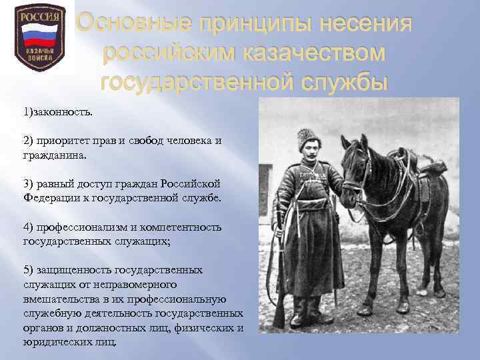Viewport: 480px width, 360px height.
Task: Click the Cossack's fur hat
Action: coord(308,136)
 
